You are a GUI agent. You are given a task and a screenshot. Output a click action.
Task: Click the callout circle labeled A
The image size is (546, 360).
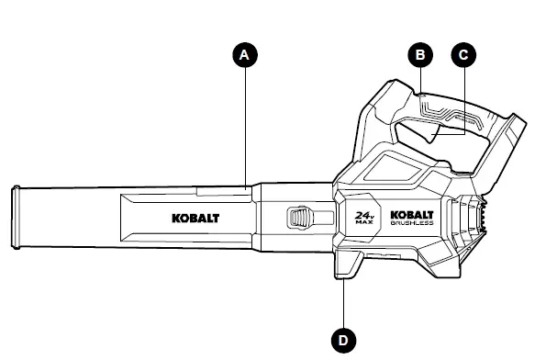pyautogui.click(x=244, y=55)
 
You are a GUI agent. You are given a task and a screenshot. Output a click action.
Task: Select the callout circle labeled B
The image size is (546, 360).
pyautogui.click(x=420, y=55)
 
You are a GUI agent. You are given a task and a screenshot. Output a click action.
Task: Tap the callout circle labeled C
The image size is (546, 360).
pyautogui.click(x=464, y=55)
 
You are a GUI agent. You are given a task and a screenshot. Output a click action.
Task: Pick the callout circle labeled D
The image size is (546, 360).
pyautogui.click(x=343, y=340)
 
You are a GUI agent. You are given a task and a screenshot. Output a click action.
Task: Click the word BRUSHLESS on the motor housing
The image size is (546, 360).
pyautogui.click(x=411, y=223)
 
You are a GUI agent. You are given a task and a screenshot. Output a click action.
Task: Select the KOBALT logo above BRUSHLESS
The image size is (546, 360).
pyautogui.click(x=411, y=211)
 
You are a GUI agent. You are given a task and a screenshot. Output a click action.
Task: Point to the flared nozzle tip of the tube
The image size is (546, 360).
pyautogui.click(x=16, y=216)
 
